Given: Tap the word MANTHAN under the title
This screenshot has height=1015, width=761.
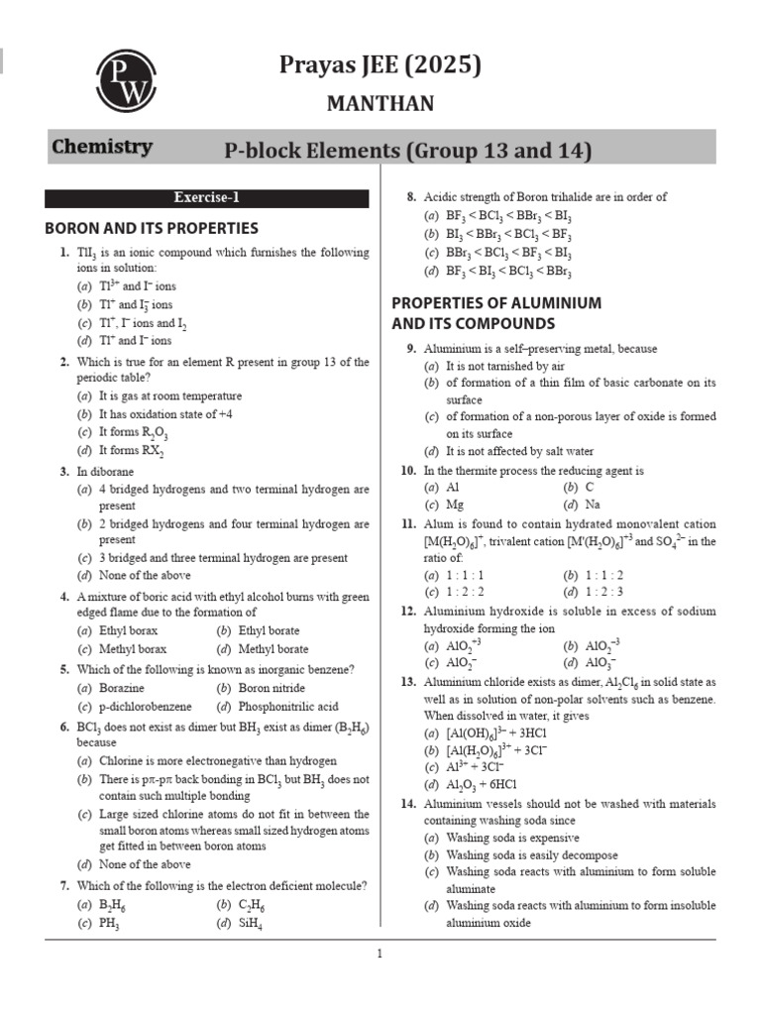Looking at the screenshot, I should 380,103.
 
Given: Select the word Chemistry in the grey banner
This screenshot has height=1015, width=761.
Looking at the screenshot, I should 102,148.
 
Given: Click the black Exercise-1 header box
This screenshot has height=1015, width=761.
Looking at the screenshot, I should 207,197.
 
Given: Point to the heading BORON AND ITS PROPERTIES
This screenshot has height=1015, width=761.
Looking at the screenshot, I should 152,228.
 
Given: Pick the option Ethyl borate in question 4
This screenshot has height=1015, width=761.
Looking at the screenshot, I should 269,630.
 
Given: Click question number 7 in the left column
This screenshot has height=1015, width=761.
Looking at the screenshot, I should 63,885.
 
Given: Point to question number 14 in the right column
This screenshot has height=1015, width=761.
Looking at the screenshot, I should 407,804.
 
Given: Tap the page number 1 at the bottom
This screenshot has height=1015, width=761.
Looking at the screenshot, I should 380,955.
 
